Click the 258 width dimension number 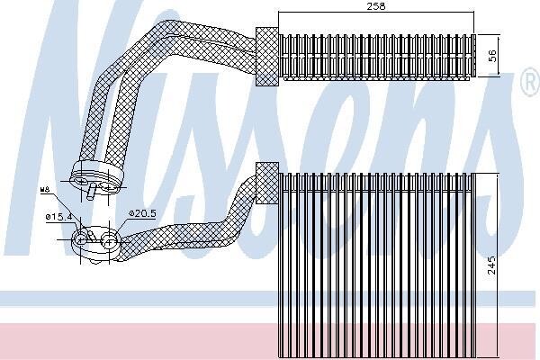click(375, 6)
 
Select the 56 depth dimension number click(493, 56)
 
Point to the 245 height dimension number click(491, 265)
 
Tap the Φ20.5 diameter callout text click(142, 213)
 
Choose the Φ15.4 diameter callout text click(58, 217)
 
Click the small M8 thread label click(45, 190)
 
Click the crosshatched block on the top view click(267, 57)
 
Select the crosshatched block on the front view click(267, 183)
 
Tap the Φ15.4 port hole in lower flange click(81, 239)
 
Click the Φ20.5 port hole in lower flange click(109, 242)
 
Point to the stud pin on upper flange click(91, 192)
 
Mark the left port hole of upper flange click(81, 181)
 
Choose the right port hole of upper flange click(108, 187)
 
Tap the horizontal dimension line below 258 click(376, 12)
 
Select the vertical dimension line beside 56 click(499, 56)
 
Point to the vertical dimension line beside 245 click(497, 265)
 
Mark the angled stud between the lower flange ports click(91, 236)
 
